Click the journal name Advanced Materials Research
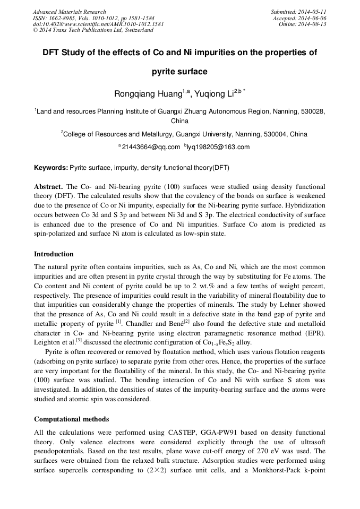(x=69, y=12)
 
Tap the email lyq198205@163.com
(x=219, y=147)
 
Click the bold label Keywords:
(x=51, y=168)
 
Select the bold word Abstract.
(x=48, y=187)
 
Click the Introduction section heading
(x=54, y=254)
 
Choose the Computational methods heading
(x=71, y=419)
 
